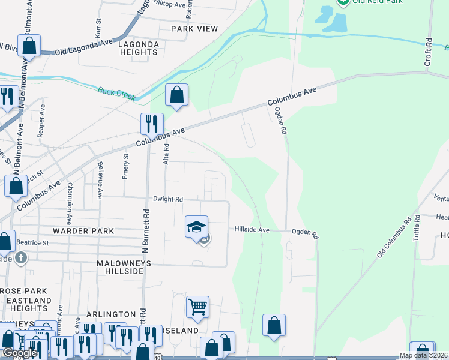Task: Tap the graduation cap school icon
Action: tap(196, 227)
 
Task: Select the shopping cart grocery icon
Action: tap(197, 307)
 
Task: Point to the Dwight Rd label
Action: tap(167, 199)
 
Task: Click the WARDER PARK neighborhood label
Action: tap(83, 231)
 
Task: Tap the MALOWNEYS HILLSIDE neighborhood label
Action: tap(121, 267)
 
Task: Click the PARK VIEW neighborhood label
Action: tap(194, 29)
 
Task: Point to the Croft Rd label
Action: tap(429, 52)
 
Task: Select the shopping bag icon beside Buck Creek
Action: tap(176, 95)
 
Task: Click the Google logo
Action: tap(19, 353)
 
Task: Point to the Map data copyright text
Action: tap(424, 356)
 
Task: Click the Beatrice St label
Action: tap(32, 242)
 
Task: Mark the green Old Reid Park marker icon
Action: tap(343, 2)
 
